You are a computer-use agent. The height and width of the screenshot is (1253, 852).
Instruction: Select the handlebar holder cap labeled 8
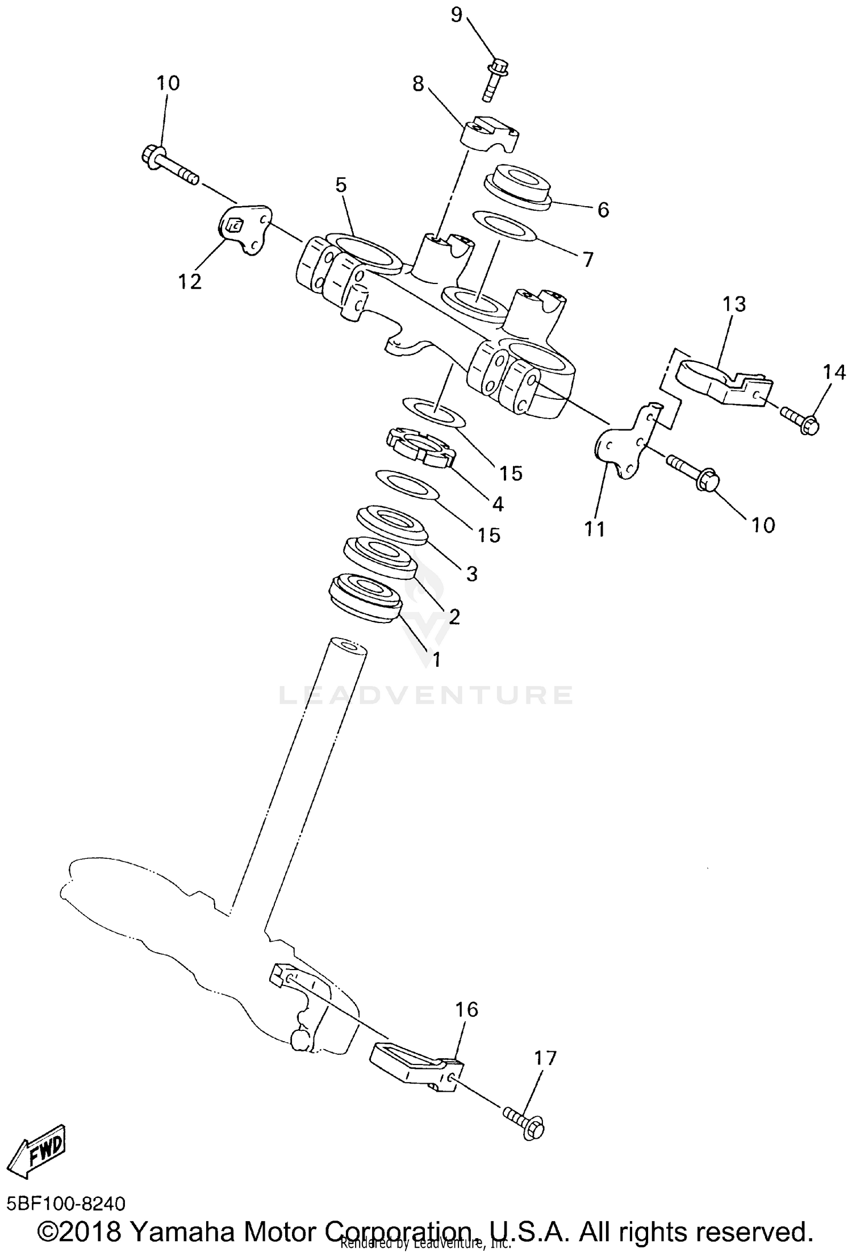[x=490, y=134]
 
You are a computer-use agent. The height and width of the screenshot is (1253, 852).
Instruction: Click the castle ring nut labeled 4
[x=421, y=448]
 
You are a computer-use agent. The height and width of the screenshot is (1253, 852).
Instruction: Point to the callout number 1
[x=436, y=659]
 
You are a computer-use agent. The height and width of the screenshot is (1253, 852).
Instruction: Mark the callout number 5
[x=341, y=185]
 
